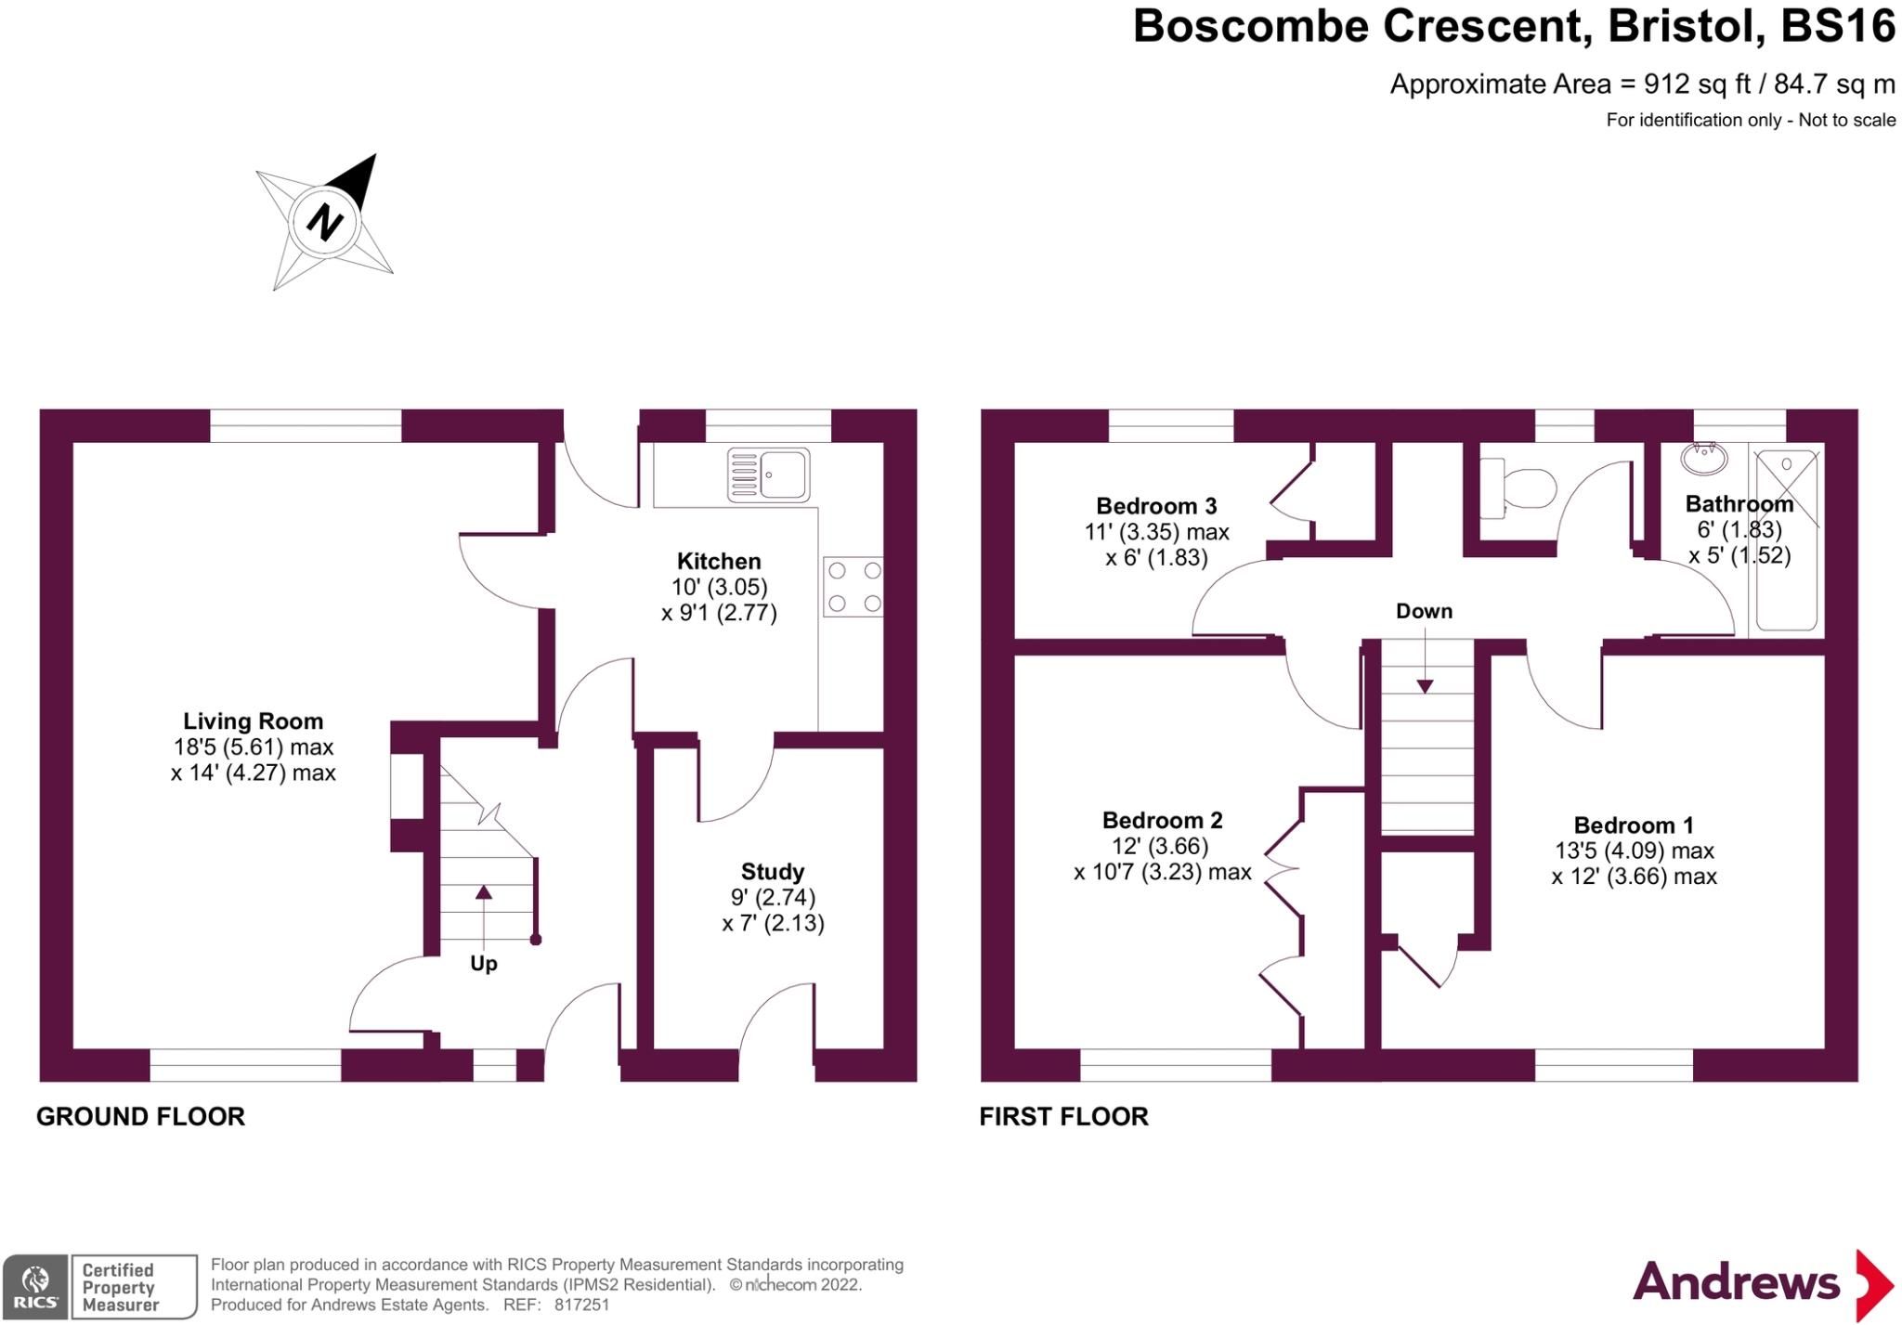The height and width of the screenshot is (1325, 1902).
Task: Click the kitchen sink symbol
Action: [x=768, y=474]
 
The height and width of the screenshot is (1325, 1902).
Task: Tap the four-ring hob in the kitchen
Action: [x=853, y=587]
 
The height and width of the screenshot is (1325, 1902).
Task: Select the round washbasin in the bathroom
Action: [x=1704, y=457]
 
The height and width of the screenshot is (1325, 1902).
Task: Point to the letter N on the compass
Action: [x=325, y=223]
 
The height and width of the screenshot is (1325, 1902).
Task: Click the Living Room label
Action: [x=253, y=721]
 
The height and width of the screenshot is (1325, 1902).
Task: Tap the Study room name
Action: [x=773, y=872]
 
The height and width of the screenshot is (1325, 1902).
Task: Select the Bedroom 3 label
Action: [x=1156, y=506]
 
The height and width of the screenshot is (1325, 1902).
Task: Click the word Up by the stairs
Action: [x=483, y=964]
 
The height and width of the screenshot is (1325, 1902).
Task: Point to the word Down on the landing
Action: [x=1424, y=611]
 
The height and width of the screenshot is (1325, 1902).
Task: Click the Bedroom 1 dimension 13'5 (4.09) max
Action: [x=1635, y=851]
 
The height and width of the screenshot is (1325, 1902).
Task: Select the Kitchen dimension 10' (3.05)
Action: [x=720, y=587]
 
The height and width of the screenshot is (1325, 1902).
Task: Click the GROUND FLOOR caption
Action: [x=140, y=1116]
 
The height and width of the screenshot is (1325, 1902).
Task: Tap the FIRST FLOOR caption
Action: [x=1063, y=1116]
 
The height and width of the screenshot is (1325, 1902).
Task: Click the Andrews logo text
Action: [x=1736, y=1283]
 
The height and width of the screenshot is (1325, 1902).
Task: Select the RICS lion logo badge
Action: [x=34, y=1286]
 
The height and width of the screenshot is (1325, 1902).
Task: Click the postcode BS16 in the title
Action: [x=1837, y=26]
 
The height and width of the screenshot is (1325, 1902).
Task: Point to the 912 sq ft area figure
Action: [x=1696, y=84]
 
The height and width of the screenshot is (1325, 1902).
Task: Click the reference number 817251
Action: [x=581, y=1305]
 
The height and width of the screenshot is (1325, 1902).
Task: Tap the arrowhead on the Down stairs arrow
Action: [x=1425, y=686]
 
